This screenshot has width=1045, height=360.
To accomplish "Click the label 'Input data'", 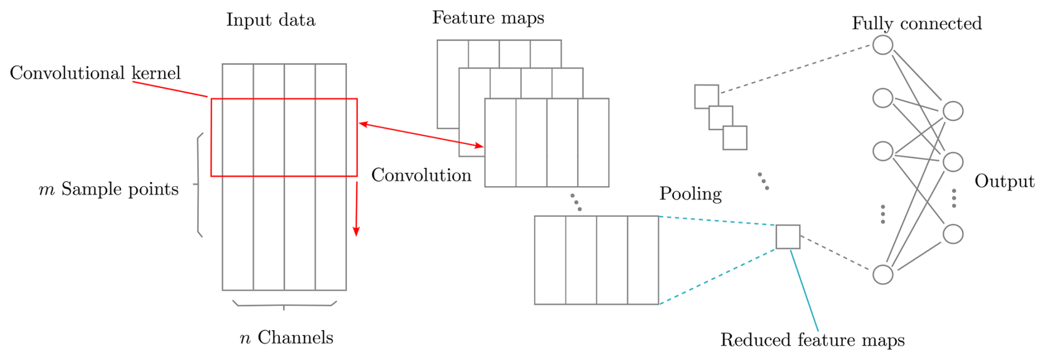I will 271,20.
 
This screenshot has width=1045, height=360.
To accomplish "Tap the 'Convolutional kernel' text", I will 95,73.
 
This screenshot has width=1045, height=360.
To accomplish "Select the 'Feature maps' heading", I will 488,18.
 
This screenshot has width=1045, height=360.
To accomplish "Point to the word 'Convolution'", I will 421,176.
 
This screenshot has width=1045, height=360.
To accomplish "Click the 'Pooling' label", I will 690,194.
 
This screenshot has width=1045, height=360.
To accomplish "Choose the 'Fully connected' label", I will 916,24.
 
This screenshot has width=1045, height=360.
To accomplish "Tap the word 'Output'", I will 1004,182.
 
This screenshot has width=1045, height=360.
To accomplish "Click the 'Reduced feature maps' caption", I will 812,340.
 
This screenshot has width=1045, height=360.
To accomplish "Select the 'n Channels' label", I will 287,338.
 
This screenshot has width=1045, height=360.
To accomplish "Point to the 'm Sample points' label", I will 109,189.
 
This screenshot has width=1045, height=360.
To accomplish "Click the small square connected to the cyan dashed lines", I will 788,237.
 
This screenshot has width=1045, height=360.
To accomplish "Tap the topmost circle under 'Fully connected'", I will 883,45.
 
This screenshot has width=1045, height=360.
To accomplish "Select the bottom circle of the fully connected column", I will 883,274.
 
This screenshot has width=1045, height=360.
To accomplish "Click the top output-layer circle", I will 953,111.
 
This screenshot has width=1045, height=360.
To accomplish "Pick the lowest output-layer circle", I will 953,234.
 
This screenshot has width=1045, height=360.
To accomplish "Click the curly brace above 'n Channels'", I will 284,304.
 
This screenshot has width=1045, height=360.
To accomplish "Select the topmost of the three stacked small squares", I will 706,96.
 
